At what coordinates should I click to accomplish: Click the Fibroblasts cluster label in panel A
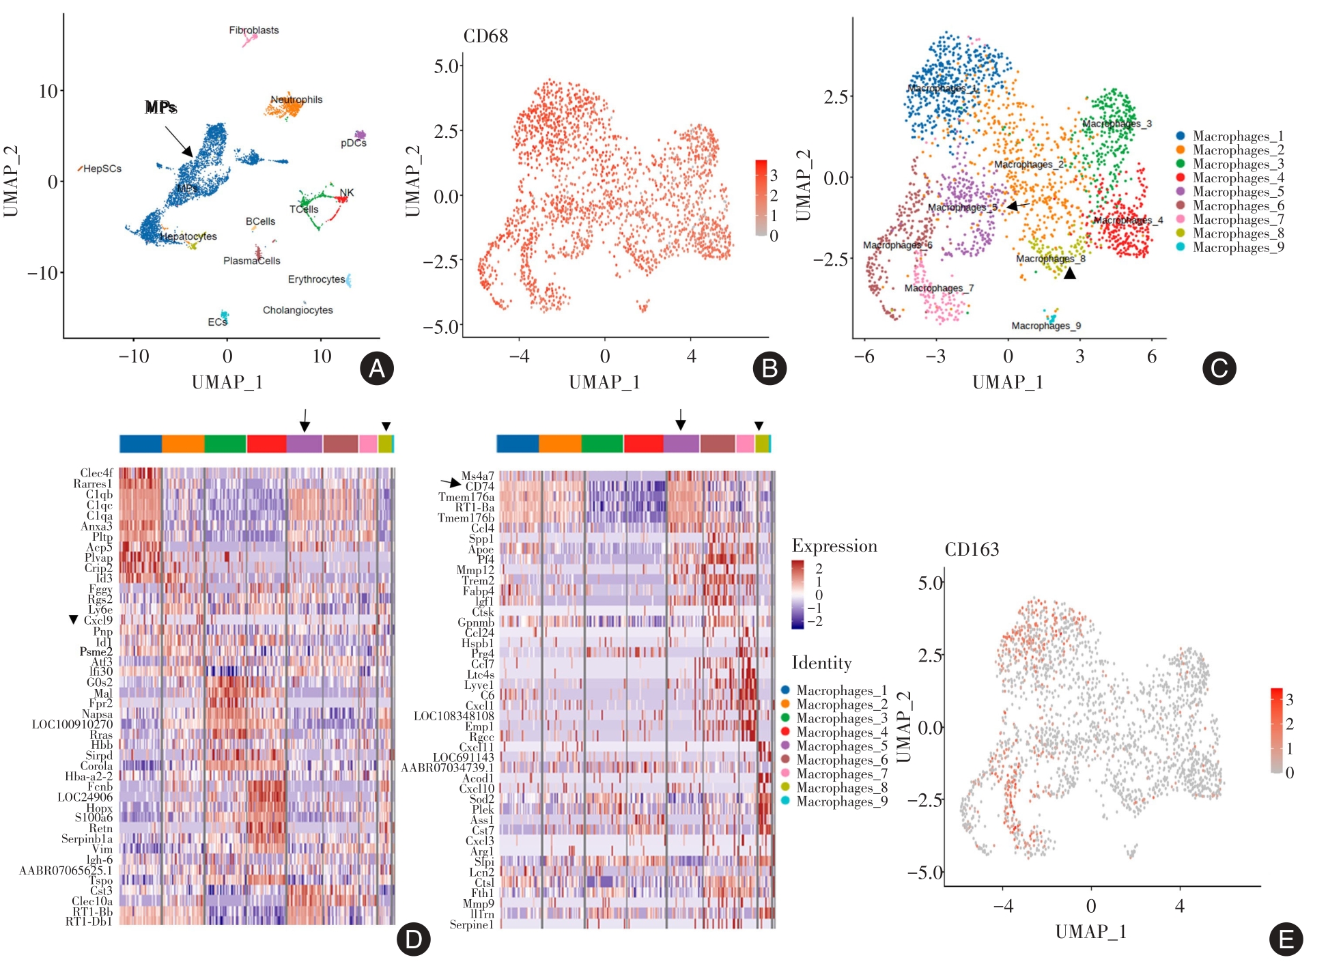click(253, 30)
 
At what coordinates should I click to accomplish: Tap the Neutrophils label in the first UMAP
click(296, 100)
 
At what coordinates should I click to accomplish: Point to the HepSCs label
click(102, 169)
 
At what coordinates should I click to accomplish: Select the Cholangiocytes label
click(298, 310)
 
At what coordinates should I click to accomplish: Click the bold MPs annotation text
click(161, 107)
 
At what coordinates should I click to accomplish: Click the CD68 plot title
click(485, 36)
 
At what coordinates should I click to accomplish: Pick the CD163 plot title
click(972, 550)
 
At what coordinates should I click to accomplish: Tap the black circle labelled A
click(376, 369)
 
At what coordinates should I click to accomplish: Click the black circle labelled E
click(1286, 939)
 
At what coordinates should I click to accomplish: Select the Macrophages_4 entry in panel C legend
click(1238, 178)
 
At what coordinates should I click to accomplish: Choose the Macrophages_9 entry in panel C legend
click(1238, 247)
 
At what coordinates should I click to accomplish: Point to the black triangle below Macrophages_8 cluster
click(1070, 273)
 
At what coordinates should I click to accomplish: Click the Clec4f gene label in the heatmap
click(96, 473)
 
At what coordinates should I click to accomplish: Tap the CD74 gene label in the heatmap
click(479, 486)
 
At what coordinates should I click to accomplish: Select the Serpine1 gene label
click(471, 925)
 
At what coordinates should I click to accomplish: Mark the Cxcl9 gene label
click(98, 621)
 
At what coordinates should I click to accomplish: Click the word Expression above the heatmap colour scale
click(834, 546)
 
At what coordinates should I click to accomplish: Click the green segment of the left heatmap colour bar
click(225, 444)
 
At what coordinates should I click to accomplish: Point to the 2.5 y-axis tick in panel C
click(836, 97)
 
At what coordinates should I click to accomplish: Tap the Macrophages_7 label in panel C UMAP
click(939, 288)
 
